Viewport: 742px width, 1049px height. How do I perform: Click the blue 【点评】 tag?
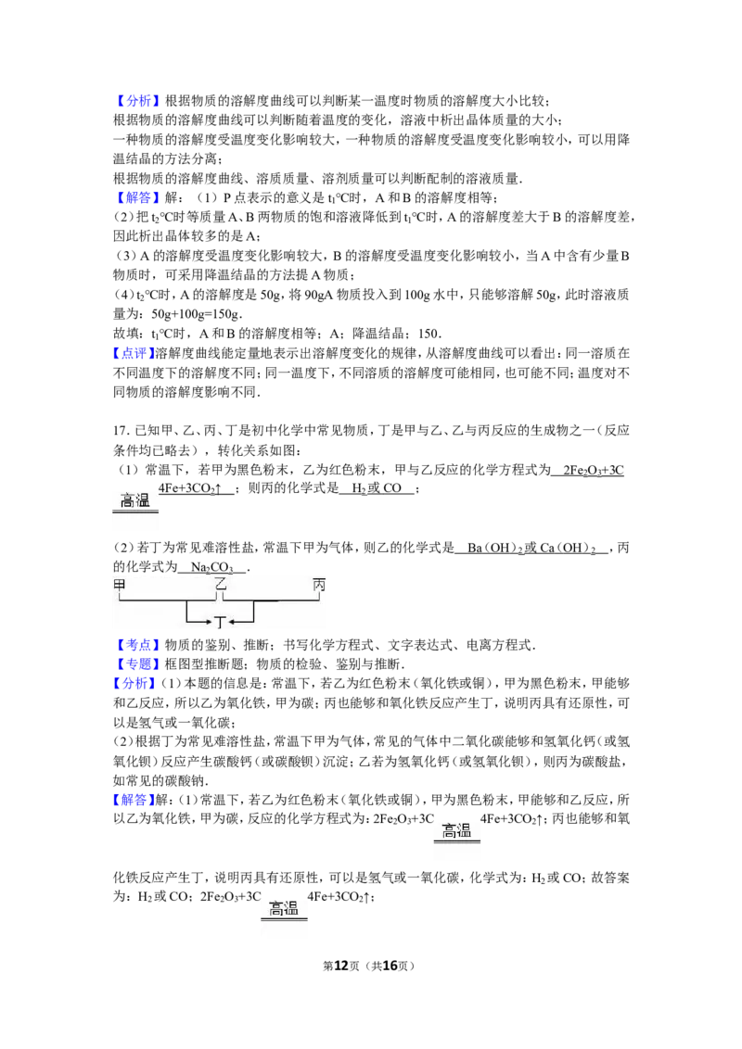134,353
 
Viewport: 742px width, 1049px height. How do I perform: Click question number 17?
122,431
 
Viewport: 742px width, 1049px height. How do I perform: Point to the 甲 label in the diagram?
121,585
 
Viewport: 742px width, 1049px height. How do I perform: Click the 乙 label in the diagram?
221,585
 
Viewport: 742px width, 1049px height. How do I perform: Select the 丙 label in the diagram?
319,585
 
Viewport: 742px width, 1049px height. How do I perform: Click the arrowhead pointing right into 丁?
209,622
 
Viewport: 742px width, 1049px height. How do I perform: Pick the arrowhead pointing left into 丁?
232,622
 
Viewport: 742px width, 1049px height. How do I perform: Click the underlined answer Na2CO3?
212,568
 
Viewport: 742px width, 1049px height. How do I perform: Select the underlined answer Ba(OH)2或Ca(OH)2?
531,549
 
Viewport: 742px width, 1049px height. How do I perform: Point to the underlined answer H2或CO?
377,488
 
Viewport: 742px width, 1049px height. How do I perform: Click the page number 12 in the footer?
341,966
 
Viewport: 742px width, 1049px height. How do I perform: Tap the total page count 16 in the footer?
390,966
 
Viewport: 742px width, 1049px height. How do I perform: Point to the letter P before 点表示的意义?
227,198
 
